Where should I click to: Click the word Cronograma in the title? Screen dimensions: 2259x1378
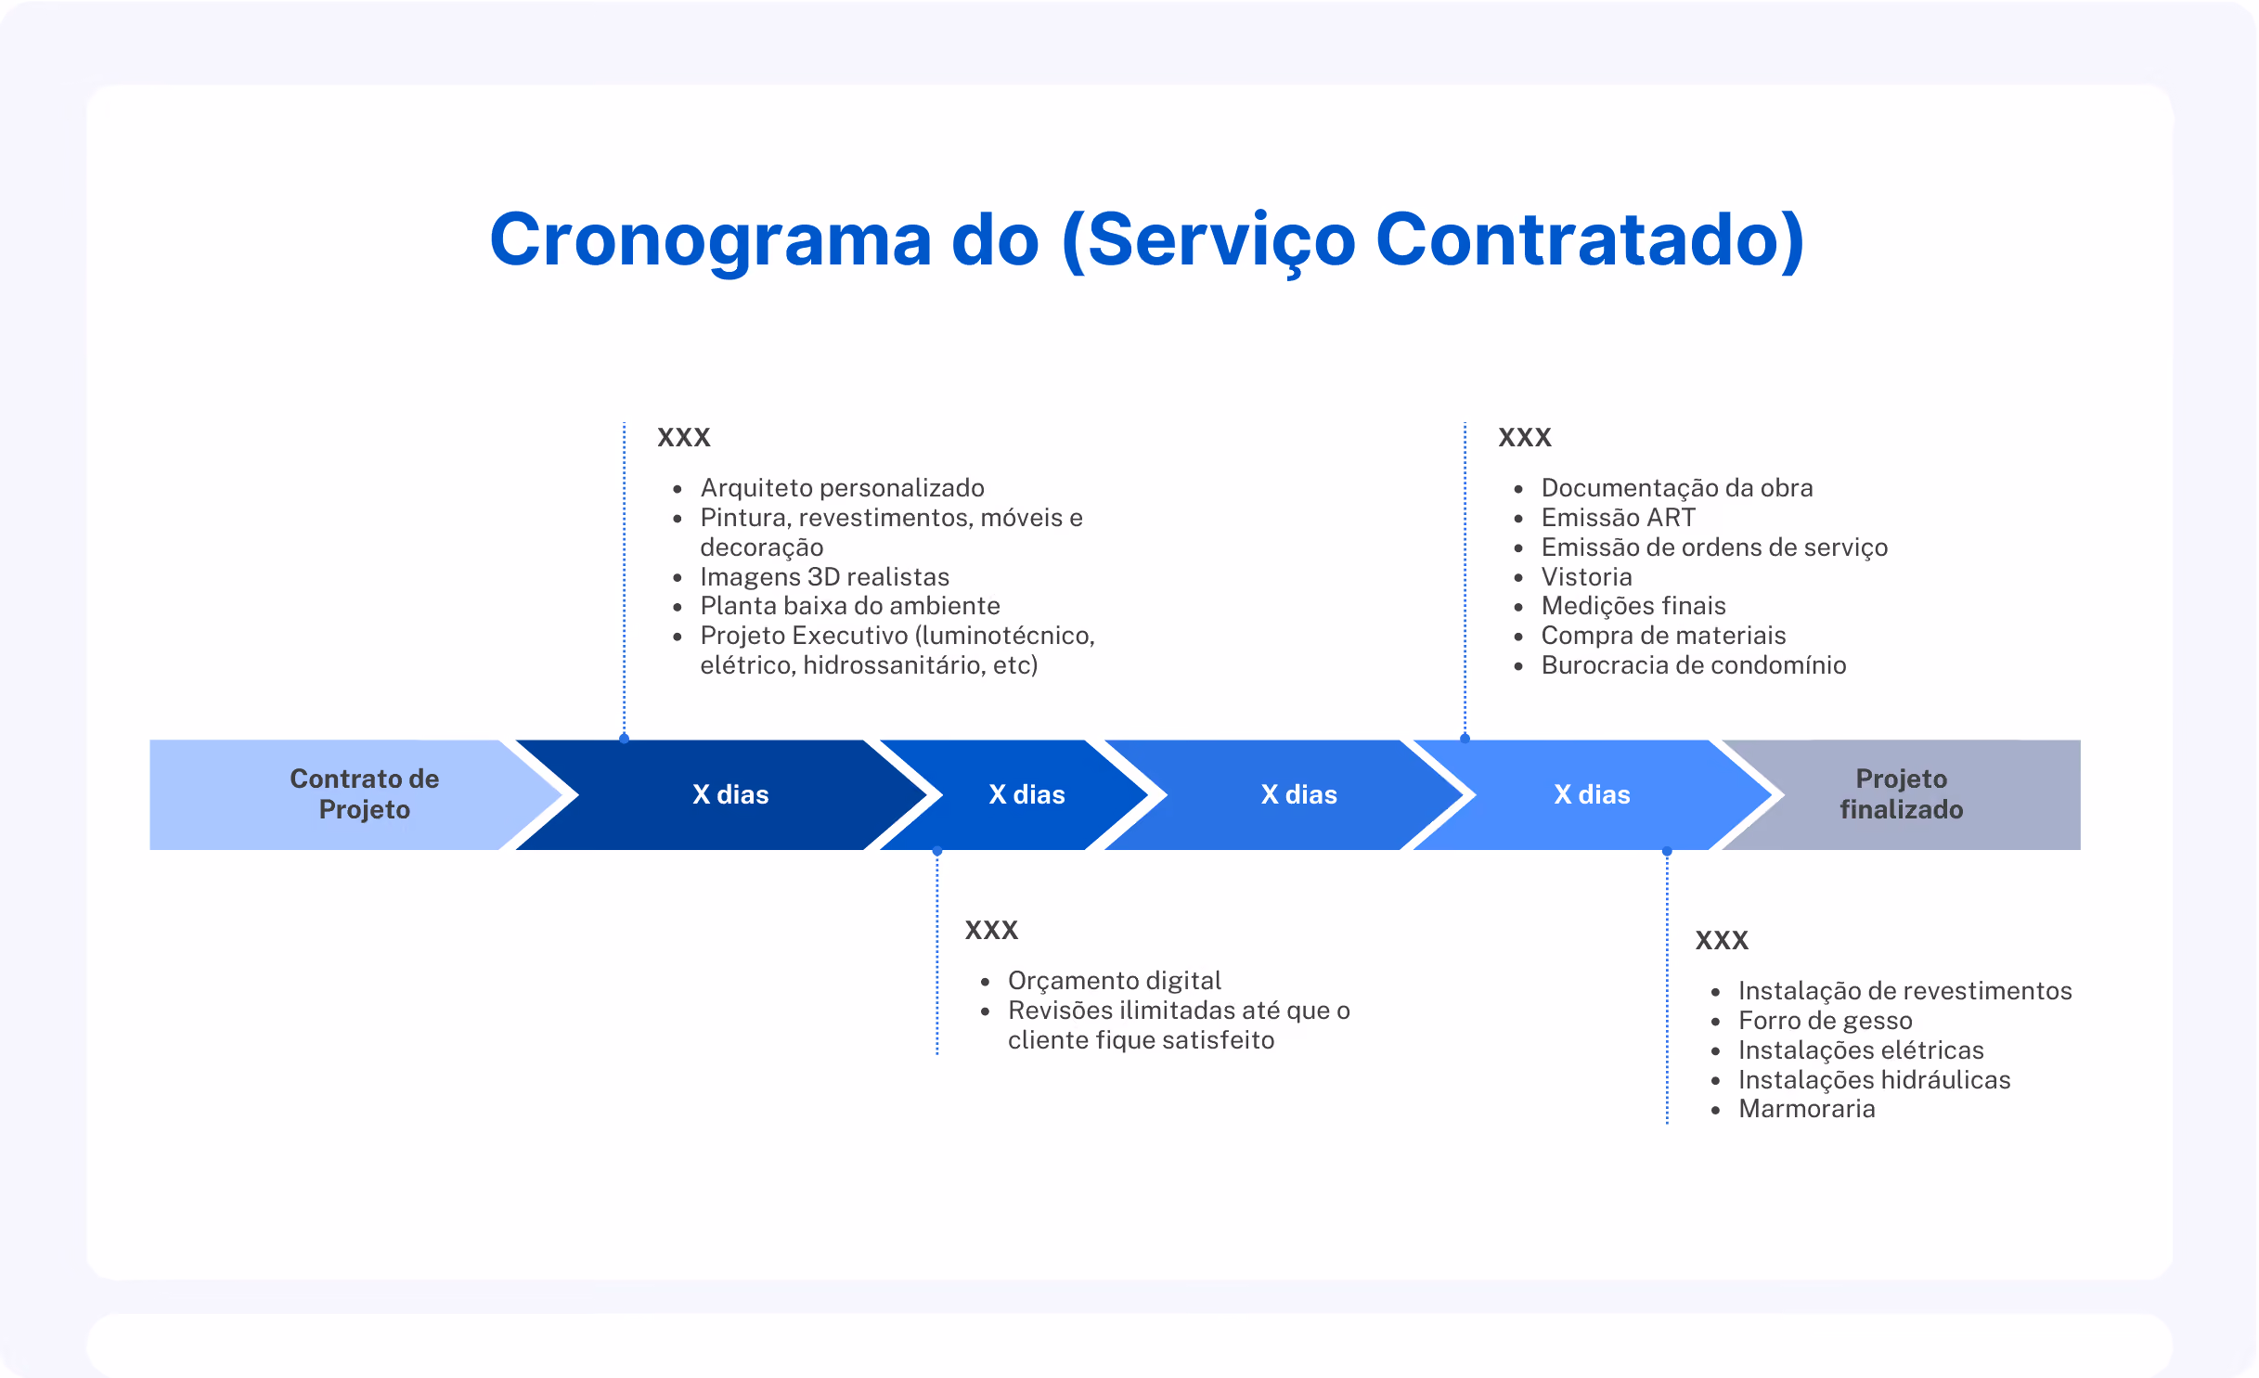711,240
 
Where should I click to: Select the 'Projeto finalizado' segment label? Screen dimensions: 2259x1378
1901,794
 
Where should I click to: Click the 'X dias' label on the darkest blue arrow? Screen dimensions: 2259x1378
730,794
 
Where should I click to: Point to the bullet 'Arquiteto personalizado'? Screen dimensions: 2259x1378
842,488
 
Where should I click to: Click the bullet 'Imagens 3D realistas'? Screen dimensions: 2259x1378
824,577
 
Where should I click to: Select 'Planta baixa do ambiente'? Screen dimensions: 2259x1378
850,606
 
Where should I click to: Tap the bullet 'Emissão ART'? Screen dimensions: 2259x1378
1618,518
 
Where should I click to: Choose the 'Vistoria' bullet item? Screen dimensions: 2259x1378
1586,577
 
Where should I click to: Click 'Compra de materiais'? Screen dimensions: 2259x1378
1663,636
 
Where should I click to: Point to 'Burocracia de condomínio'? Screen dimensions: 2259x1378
1694,665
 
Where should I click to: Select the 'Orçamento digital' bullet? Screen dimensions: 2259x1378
1114,981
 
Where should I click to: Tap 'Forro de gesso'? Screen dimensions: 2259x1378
1825,1021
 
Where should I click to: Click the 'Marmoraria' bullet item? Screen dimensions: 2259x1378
1806,1109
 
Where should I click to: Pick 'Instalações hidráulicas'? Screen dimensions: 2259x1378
1874,1080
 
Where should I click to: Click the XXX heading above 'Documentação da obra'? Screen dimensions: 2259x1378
1525,437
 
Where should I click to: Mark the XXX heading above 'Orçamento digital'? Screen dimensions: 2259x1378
991,930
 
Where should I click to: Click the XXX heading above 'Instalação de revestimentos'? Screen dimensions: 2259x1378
1722,940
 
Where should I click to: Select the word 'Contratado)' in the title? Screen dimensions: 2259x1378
1590,240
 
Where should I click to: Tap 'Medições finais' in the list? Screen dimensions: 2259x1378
1633,606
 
